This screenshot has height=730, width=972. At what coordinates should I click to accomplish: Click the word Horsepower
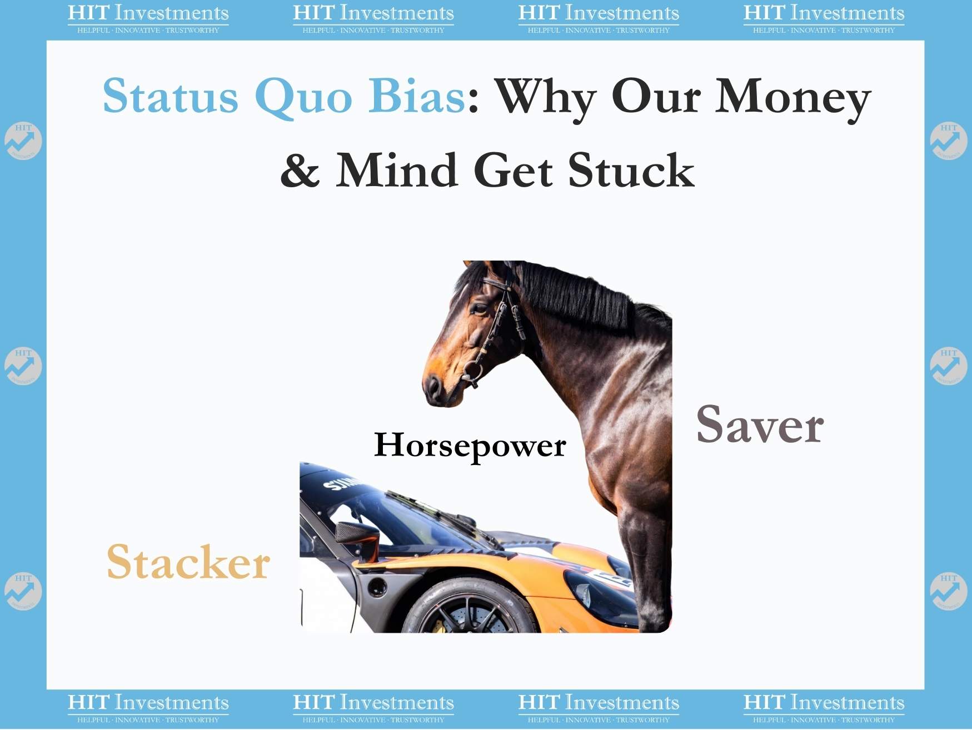470,446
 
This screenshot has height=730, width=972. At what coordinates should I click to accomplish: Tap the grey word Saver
760,424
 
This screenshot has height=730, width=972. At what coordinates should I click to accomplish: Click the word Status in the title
171,96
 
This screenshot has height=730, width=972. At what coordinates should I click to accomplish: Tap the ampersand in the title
300,170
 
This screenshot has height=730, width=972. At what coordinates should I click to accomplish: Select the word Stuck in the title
631,170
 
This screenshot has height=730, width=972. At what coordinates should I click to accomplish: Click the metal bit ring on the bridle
473,371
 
